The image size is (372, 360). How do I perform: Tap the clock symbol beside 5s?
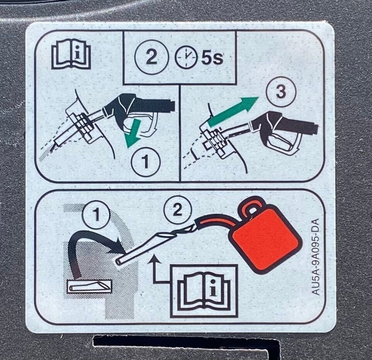pos(186,58)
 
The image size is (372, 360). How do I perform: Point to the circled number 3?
pos(281,92)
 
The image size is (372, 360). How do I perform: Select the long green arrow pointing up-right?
pos(233,111)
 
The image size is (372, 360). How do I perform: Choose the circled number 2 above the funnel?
pos(177,210)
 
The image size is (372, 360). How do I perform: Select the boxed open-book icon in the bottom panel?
pos(204,291)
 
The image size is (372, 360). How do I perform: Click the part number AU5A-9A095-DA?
pos(315,256)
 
